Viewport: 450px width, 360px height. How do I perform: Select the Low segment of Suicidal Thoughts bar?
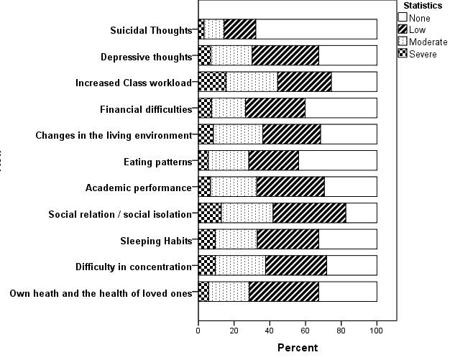click(239, 29)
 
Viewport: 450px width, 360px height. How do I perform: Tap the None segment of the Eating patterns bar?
click(338, 161)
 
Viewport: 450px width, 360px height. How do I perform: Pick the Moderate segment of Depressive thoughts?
click(231, 55)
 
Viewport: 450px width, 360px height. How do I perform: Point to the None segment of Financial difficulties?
click(341, 108)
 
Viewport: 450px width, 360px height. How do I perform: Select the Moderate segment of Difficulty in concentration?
click(240, 266)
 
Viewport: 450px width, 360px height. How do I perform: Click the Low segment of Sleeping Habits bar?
click(288, 239)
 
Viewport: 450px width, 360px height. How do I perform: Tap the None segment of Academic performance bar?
click(351, 188)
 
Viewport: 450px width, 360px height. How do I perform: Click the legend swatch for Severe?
click(403, 53)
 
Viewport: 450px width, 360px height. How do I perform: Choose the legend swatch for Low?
click(403, 29)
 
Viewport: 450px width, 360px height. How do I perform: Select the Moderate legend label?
click(428, 42)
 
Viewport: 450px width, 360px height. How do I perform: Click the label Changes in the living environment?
click(114, 135)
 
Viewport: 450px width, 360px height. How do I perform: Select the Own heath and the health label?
click(100, 292)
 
